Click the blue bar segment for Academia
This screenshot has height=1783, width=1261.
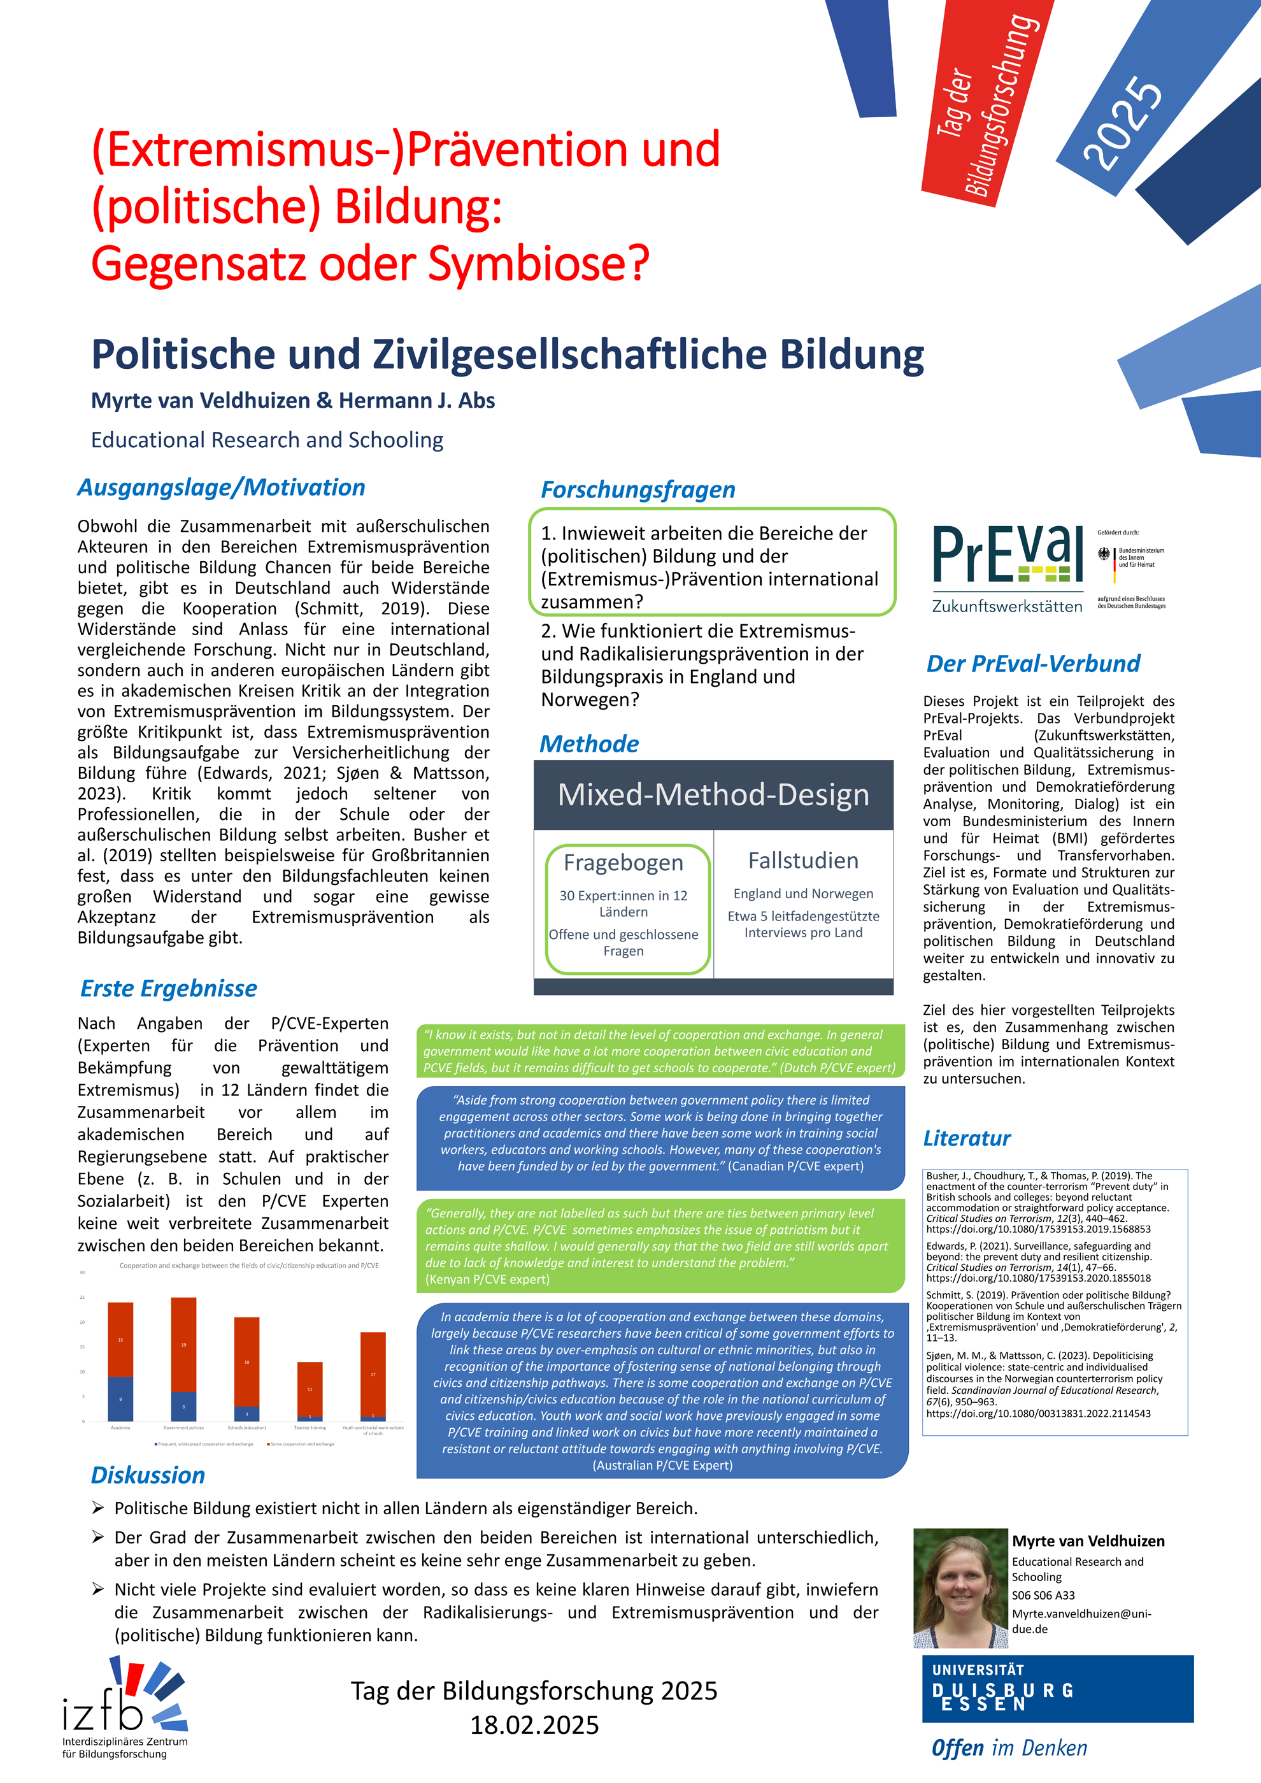(x=120, y=1399)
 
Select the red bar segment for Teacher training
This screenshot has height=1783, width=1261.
(x=310, y=1389)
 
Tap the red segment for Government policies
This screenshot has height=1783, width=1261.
(x=183, y=1344)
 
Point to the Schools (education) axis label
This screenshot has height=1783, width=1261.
(x=247, y=1428)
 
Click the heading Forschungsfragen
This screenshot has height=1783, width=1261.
(x=638, y=490)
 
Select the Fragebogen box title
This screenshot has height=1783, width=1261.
(x=623, y=862)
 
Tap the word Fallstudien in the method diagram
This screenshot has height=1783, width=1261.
(x=803, y=861)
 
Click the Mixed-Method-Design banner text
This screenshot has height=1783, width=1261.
(x=713, y=794)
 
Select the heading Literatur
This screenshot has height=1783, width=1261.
(x=967, y=1138)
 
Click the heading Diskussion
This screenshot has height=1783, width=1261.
(x=148, y=1475)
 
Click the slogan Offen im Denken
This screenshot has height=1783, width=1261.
(x=1009, y=1748)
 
